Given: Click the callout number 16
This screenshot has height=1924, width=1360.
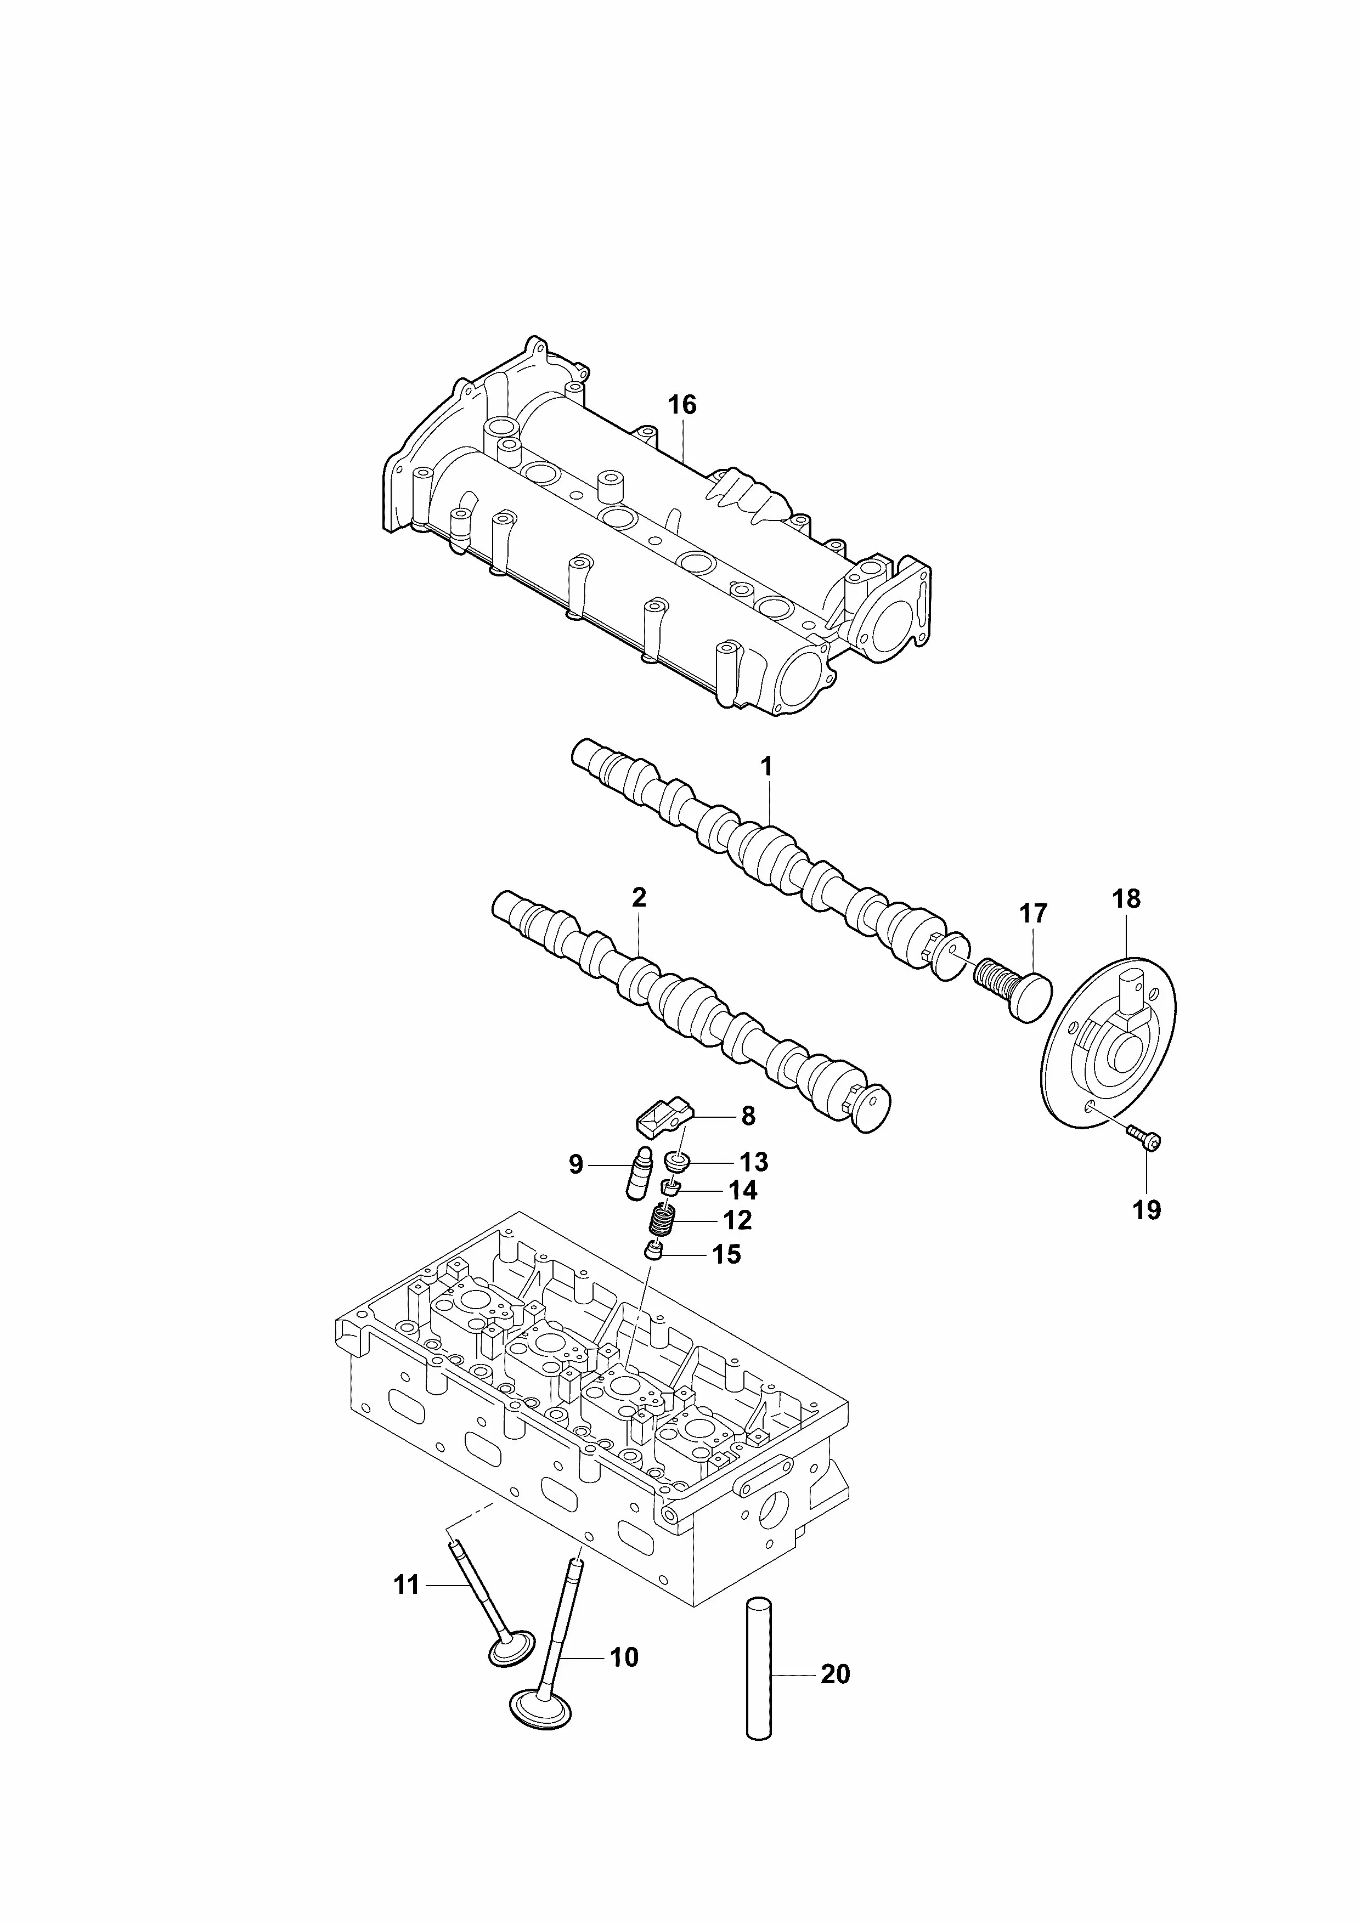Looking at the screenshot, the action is pos(682,405).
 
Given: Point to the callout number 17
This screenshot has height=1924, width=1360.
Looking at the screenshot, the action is pos(1033,913).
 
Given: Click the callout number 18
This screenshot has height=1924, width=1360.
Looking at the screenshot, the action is pos(1126,899).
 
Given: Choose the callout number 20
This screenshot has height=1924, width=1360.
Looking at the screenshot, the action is pos(836,1674).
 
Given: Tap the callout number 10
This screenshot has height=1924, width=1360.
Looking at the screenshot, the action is pos(624,1657).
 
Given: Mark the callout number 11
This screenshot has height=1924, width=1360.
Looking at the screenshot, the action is pos(407,1586).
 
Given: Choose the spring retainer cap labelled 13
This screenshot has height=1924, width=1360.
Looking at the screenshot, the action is pos(676,1162).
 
